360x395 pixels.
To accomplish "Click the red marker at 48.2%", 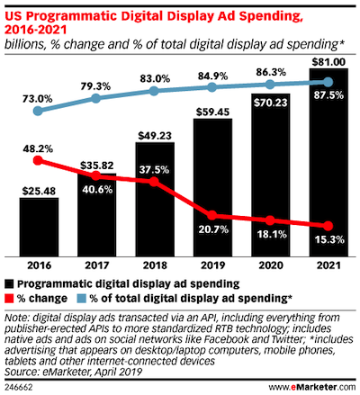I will (39, 161).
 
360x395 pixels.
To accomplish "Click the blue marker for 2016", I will (39, 111).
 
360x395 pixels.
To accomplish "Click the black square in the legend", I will (10, 283).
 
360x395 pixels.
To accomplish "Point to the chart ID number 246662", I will (21, 385).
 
